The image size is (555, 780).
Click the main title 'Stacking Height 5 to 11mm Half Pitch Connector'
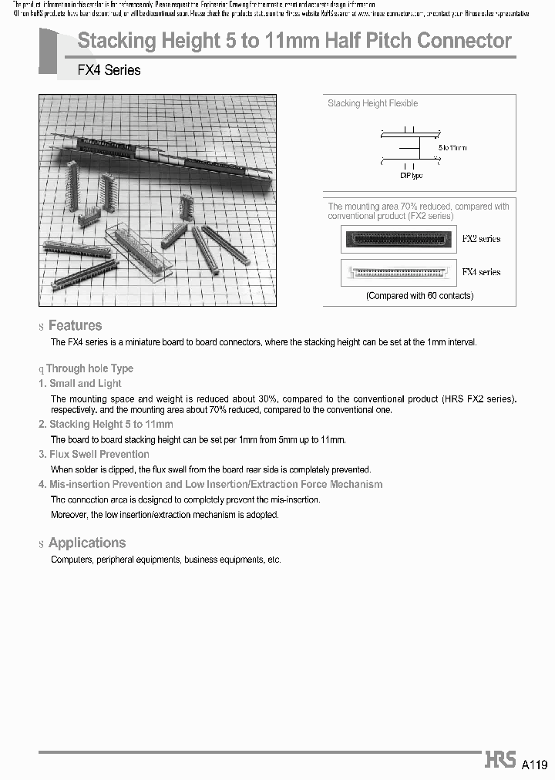pyautogui.click(x=294, y=42)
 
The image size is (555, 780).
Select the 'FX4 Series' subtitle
pyautogui.click(x=109, y=70)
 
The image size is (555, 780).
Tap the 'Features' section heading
pyautogui.click(x=75, y=325)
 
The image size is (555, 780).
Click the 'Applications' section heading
pyautogui.click(x=86, y=543)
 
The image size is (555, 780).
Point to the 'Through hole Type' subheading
pyautogui.click(x=89, y=368)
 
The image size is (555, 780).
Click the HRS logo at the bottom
pyautogui.click(x=499, y=759)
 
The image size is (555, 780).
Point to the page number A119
pyautogui.click(x=534, y=765)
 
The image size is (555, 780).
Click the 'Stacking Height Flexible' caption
pyautogui.click(x=373, y=103)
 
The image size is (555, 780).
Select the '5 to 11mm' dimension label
pyautogui.click(x=452, y=147)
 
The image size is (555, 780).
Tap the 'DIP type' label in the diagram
pyautogui.click(x=412, y=176)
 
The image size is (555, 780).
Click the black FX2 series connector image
pyautogui.click(x=397, y=239)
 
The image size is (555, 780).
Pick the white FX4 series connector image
pyautogui.click(x=397, y=272)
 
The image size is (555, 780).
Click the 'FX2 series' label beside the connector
pyautogui.click(x=481, y=239)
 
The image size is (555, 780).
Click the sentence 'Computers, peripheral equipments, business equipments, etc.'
pyautogui.click(x=166, y=559)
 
